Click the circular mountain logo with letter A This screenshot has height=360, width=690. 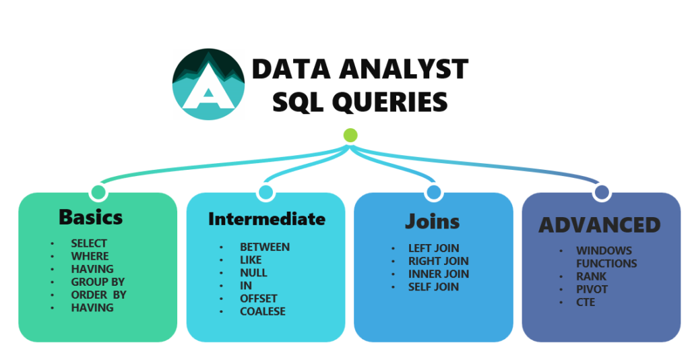[208, 84]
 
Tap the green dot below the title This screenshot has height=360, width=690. [350, 135]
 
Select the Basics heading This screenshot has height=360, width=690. [91, 217]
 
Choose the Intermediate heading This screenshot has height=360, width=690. [266, 219]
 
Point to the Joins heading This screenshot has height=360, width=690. [433, 221]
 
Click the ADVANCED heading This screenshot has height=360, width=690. [600, 224]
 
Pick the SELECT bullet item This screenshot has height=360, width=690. [89, 243]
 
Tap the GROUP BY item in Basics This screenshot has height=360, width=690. [98, 282]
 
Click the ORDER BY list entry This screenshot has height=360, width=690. [98, 295]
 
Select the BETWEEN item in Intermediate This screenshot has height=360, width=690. [265, 247]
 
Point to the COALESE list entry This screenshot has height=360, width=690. [263, 311]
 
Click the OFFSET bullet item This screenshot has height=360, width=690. [259, 299]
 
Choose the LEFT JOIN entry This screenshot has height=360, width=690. [433, 248]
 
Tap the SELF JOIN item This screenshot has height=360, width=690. [433, 287]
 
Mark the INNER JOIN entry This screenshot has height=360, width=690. [438, 274]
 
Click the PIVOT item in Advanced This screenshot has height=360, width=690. [592, 289]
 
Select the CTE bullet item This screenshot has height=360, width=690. [586, 302]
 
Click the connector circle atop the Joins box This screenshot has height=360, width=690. [433, 193]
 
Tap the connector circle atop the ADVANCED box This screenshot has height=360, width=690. [601, 193]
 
